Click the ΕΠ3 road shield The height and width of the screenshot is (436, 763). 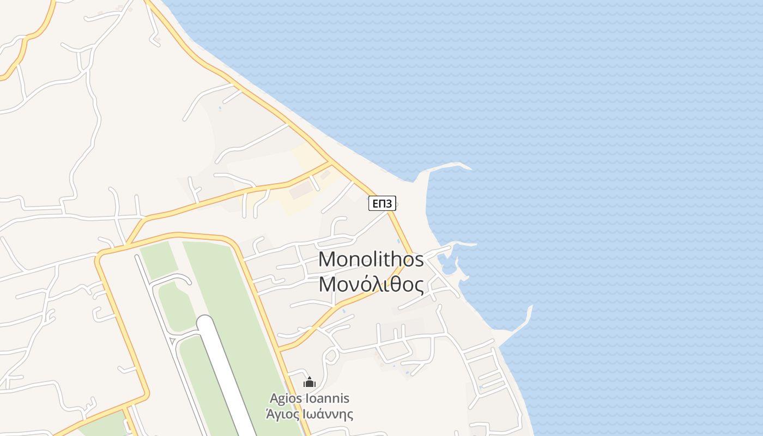pos(382,204)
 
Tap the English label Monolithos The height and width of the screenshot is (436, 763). pos(371,259)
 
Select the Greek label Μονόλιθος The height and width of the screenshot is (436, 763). pos(371,284)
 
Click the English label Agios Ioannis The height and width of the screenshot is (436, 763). pos(310,398)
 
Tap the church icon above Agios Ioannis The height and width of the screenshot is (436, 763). pos(310,383)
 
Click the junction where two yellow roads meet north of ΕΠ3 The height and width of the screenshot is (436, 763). pos(329,162)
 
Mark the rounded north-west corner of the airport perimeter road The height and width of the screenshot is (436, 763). pos(101,257)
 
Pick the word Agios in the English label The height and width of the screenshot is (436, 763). pos(284,398)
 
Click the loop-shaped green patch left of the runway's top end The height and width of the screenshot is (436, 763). pos(173,305)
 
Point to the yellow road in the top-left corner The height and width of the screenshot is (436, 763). pos(25,49)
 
